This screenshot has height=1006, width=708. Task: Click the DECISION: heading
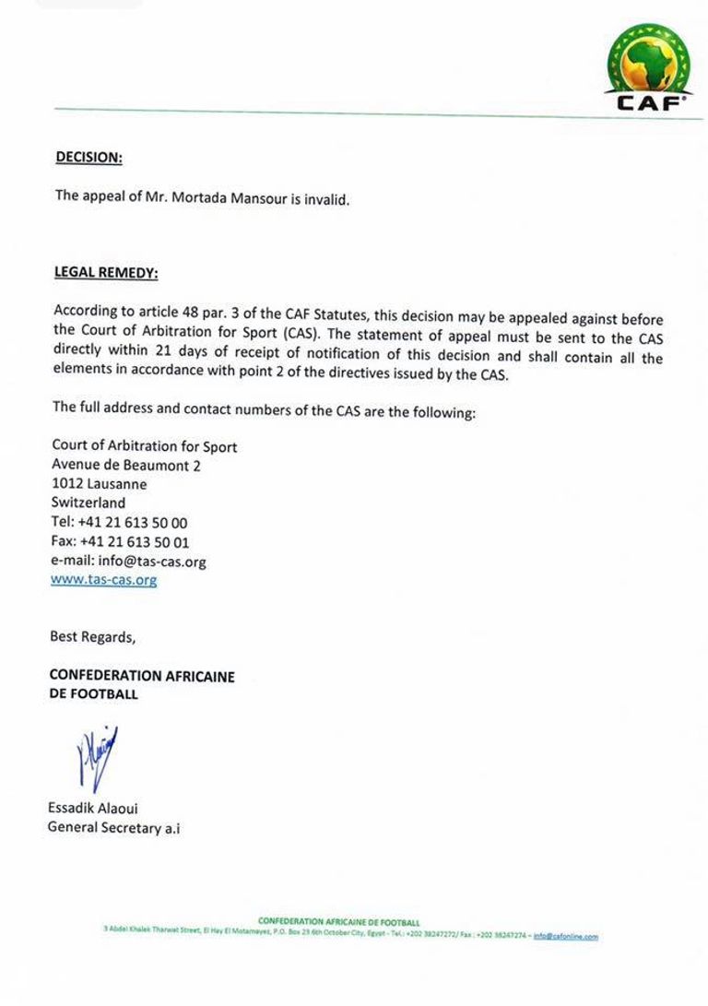(88, 158)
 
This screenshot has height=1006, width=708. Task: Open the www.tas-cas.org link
(104, 580)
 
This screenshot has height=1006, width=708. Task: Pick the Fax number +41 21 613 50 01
(137, 542)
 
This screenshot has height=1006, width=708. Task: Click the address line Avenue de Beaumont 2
(126, 466)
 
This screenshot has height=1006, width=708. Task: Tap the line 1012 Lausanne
(99, 484)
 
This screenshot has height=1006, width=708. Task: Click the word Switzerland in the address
(88, 503)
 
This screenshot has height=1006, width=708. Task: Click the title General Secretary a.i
(114, 828)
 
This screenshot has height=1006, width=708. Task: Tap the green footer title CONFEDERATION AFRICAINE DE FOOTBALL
(338, 921)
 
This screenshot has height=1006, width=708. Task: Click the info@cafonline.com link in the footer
(565, 935)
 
